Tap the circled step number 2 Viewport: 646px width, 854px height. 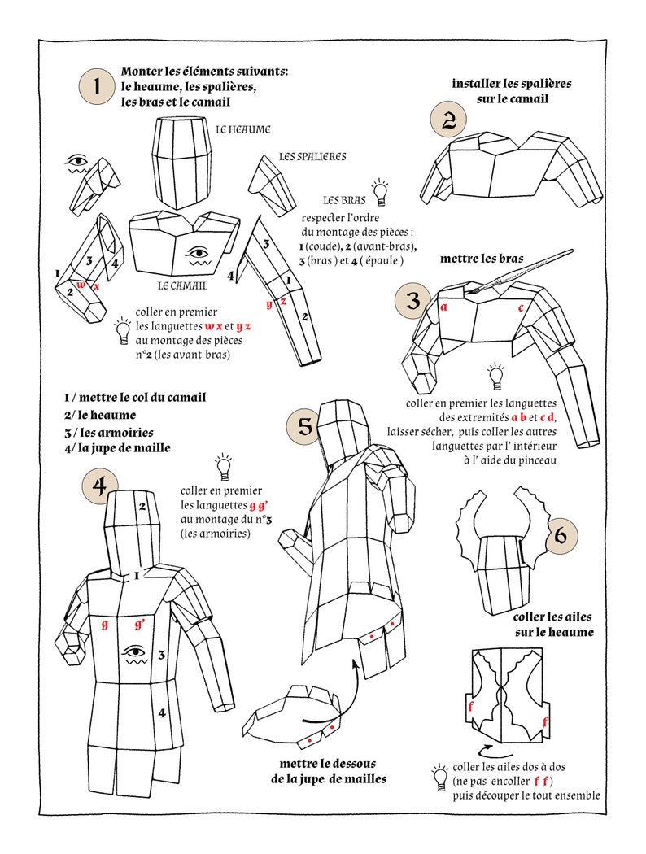coord(448,121)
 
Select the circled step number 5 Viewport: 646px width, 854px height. coord(304,427)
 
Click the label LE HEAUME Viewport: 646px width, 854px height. coord(242,129)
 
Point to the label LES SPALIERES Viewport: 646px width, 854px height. coord(312,156)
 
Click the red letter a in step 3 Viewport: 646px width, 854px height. coord(443,307)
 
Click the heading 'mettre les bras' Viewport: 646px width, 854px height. coord(482,259)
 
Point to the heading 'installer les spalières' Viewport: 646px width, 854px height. coord(512,90)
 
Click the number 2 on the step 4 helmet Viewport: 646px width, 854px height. coord(142,507)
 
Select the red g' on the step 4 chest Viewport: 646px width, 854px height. coord(140,625)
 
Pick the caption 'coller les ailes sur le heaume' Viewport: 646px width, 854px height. coord(553,625)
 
